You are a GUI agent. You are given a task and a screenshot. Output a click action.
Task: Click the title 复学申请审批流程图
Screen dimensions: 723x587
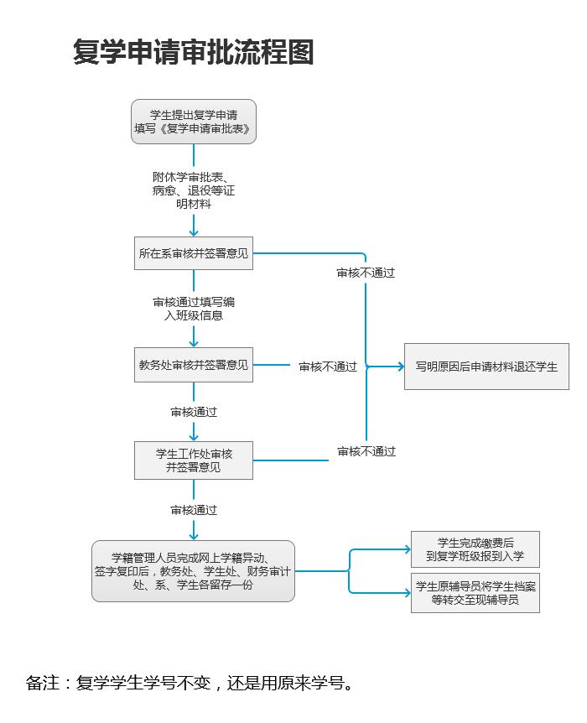194,52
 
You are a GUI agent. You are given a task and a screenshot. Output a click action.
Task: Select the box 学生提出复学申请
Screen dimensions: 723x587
194,122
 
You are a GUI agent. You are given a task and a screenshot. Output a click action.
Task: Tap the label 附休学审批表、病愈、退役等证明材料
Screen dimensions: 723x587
194,190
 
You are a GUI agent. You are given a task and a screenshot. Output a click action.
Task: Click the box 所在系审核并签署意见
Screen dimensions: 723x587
194,253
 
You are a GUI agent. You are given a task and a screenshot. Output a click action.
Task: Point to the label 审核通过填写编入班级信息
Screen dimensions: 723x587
194,309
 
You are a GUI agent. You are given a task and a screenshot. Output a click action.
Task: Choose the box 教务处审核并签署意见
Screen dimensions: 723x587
194,365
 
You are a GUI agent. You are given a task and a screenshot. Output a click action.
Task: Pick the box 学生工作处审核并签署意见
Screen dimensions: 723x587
194,460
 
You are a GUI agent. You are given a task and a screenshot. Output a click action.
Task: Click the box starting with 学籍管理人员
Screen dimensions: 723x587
194,571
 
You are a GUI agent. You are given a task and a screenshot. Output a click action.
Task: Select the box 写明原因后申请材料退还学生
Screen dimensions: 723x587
486,367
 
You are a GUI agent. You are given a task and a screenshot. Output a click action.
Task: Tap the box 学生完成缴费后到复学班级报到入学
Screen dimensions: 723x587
475,549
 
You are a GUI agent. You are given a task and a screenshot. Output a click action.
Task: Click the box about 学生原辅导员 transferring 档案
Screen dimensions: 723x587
475,593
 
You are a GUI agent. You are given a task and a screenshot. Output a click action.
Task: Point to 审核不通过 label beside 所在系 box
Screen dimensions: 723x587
366,273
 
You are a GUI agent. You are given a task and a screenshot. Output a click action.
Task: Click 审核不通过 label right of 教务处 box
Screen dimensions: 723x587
328,367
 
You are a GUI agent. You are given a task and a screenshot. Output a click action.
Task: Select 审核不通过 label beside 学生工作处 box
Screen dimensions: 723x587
366,451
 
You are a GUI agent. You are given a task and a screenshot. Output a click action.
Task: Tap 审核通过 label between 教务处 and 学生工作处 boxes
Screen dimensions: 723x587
194,412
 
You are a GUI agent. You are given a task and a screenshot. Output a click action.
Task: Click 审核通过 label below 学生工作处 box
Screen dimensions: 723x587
194,510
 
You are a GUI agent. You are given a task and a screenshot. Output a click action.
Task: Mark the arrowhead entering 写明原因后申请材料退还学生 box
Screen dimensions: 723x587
400,367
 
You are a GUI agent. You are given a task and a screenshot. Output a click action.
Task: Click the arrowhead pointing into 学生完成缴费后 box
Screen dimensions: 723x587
407,549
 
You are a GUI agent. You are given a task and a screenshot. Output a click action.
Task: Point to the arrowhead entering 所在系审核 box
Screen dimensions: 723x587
194,231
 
